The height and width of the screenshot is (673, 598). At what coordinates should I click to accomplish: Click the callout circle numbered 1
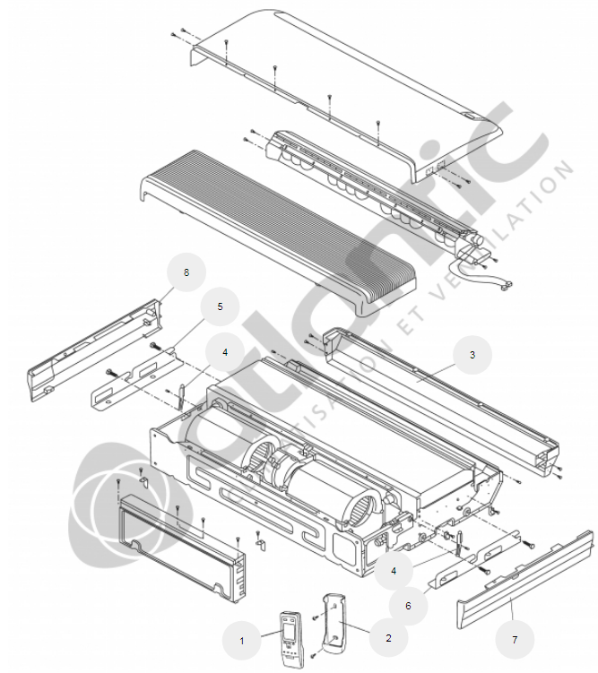click(241, 640)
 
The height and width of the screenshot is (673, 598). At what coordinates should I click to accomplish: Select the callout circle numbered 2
click(388, 638)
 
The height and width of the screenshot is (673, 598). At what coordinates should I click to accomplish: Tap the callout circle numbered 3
click(472, 355)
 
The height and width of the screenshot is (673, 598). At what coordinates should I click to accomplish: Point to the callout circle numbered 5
click(220, 306)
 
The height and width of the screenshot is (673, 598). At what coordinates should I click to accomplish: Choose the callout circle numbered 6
click(409, 606)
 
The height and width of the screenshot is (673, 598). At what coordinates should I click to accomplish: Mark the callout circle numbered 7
click(514, 640)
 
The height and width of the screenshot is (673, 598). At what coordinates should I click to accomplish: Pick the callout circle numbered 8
click(186, 272)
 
